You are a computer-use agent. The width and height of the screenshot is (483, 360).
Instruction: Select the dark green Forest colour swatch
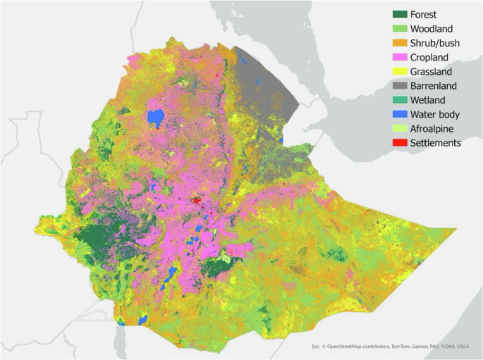[403, 14]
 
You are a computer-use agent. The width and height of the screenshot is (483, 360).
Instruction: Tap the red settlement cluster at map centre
[197, 202]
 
